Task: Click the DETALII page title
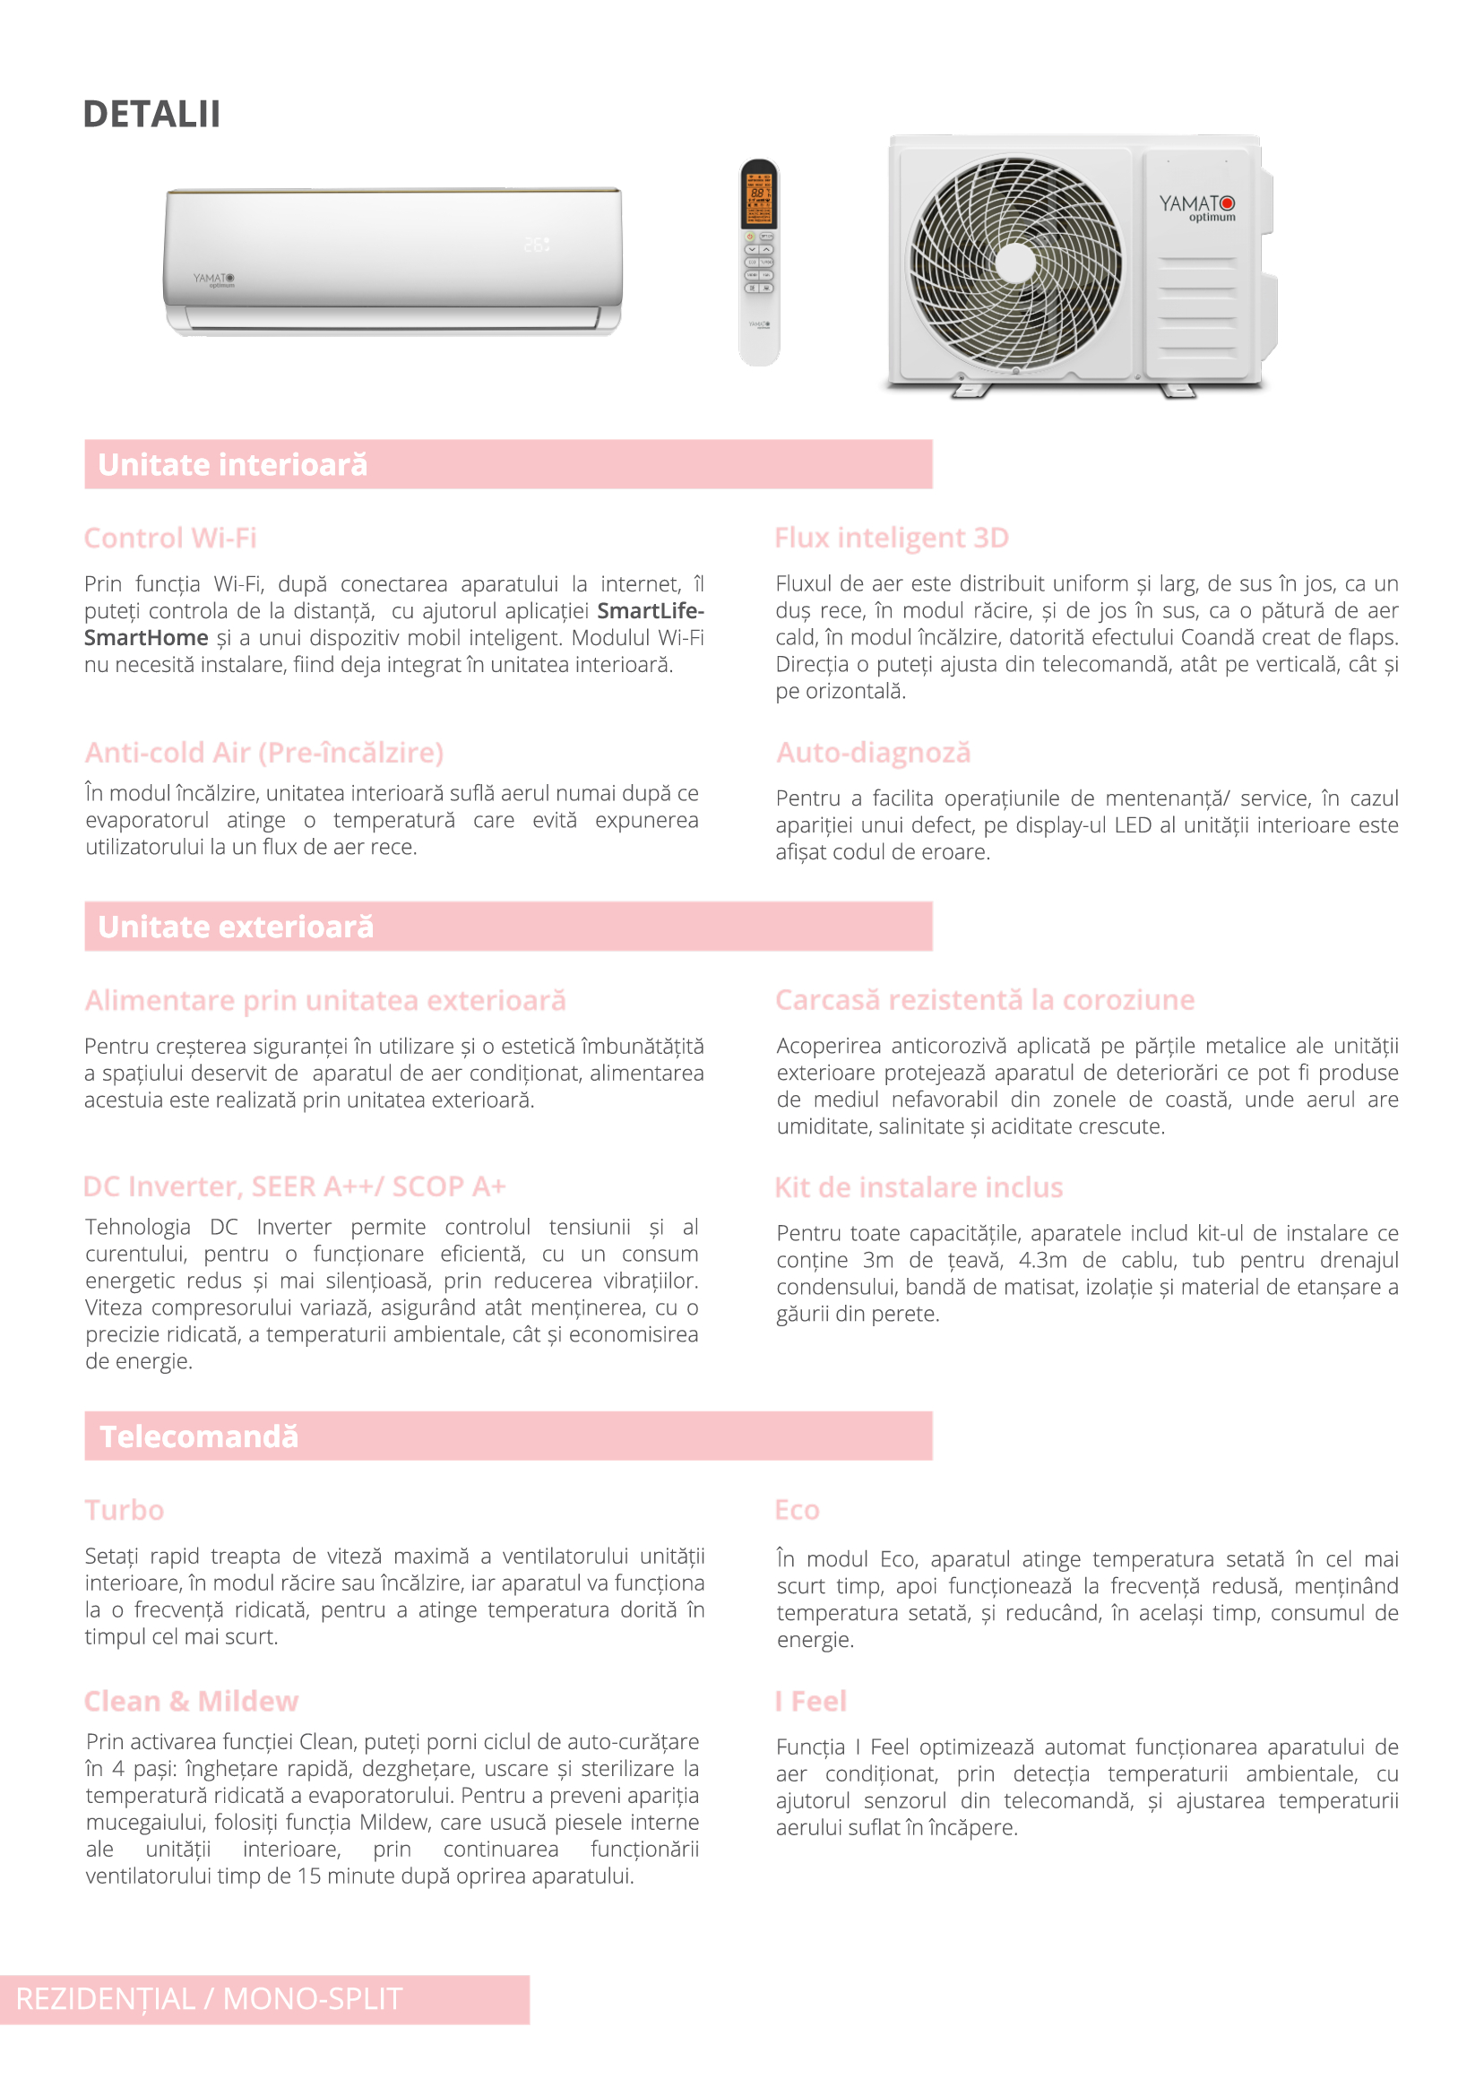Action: click(x=151, y=114)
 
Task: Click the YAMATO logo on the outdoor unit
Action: click(x=1196, y=206)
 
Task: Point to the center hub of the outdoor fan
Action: click(x=1015, y=263)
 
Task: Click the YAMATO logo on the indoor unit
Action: click(x=214, y=279)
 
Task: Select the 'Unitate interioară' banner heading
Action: click(x=232, y=465)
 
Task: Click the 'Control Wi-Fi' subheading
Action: click(x=170, y=539)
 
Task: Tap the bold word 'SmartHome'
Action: click(x=146, y=638)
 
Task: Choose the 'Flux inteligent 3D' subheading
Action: click(x=891, y=539)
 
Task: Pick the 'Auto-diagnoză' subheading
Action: click(x=873, y=753)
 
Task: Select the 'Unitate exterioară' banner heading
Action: click(x=236, y=927)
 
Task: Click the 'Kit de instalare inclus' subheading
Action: click(x=919, y=1188)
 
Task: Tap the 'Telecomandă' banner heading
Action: click(x=199, y=1437)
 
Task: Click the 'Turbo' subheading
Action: click(x=125, y=1510)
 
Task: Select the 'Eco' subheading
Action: click(x=797, y=1510)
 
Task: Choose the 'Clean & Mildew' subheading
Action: click(x=191, y=1702)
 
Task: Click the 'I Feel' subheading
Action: click(x=810, y=1702)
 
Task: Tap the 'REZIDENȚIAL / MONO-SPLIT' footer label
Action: click(x=210, y=1999)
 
